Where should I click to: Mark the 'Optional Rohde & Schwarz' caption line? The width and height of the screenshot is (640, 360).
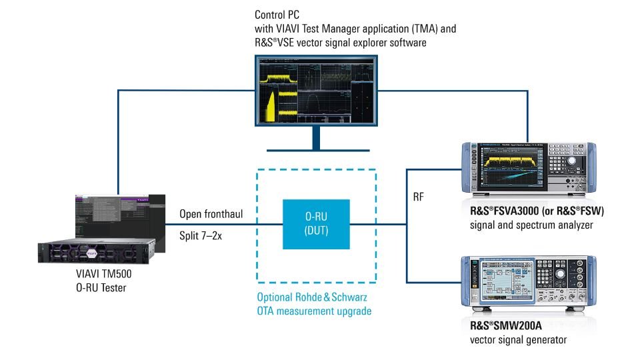pyautogui.click(x=313, y=297)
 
